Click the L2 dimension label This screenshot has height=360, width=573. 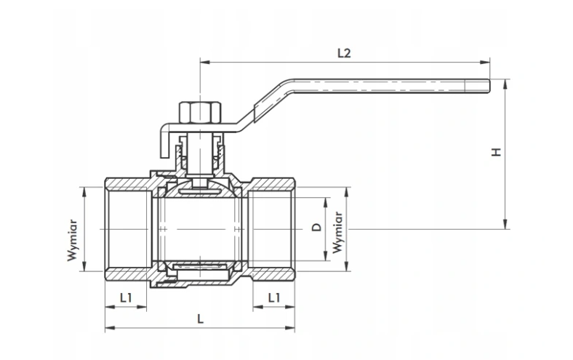tap(344, 53)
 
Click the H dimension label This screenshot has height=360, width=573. tap(497, 153)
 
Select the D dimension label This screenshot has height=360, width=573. tap(316, 228)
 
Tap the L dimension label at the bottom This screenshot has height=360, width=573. tap(200, 319)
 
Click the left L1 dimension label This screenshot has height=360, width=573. tap(126, 297)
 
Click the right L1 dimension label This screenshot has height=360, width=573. tap(274, 297)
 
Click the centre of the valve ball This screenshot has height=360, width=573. tap(199, 228)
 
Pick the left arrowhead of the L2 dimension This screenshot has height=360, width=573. tap(203, 62)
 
